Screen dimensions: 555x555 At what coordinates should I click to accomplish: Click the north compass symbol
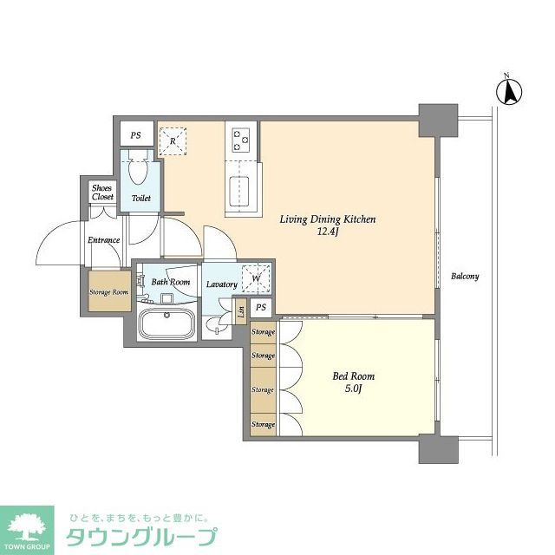coord(510,89)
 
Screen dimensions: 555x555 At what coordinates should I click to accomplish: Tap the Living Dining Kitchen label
coord(327,219)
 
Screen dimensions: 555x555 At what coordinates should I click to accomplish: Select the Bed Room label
coord(354,377)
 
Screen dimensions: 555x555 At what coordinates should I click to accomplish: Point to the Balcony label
coord(465,277)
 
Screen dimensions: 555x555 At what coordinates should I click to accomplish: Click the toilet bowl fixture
coord(138,174)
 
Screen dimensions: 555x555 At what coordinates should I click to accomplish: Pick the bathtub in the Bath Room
coord(167,325)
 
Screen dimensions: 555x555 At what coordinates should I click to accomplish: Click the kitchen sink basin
coord(239,189)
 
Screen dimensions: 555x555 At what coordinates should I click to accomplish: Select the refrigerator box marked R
coord(173,140)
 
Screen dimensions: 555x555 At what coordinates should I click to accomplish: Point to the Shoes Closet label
coord(102,193)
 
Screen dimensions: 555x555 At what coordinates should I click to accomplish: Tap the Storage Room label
coord(108,292)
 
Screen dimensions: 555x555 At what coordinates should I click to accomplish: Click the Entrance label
coord(102,240)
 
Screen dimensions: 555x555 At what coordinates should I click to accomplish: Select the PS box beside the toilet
coord(135,135)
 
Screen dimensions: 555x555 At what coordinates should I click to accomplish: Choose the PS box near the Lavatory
coord(260,309)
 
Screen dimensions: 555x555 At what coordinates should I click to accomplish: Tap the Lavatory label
coord(221,284)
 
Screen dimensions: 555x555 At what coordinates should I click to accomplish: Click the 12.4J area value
coord(328,232)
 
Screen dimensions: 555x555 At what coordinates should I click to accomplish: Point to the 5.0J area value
coord(354,390)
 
